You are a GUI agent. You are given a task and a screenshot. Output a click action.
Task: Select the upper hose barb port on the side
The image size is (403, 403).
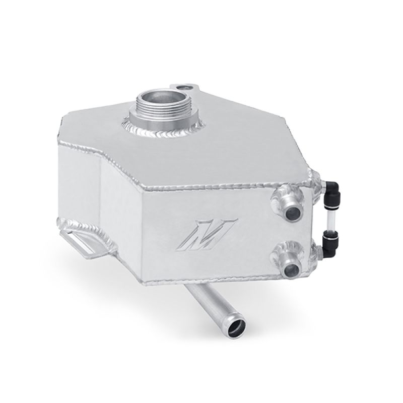tap(293, 199)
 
